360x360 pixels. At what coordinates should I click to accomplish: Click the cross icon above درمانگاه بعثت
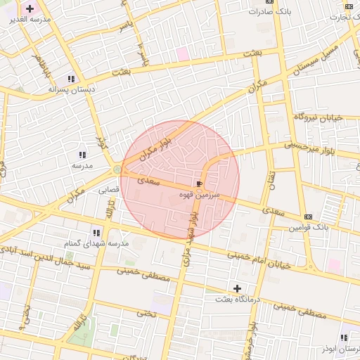[x=238, y=288]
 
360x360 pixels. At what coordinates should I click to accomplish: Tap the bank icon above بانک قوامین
[x=308, y=216]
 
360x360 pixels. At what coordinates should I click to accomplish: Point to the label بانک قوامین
[x=309, y=227]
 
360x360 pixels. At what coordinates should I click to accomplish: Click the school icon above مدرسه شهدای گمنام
[x=96, y=232]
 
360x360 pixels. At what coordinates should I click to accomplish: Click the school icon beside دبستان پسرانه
[x=71, y=79]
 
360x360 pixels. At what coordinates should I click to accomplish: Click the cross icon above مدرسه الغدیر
[x=30, y=8]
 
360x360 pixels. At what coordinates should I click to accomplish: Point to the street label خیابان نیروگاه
[x=318, y=117]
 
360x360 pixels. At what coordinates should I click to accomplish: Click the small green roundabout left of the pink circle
[x=116, y=169]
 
